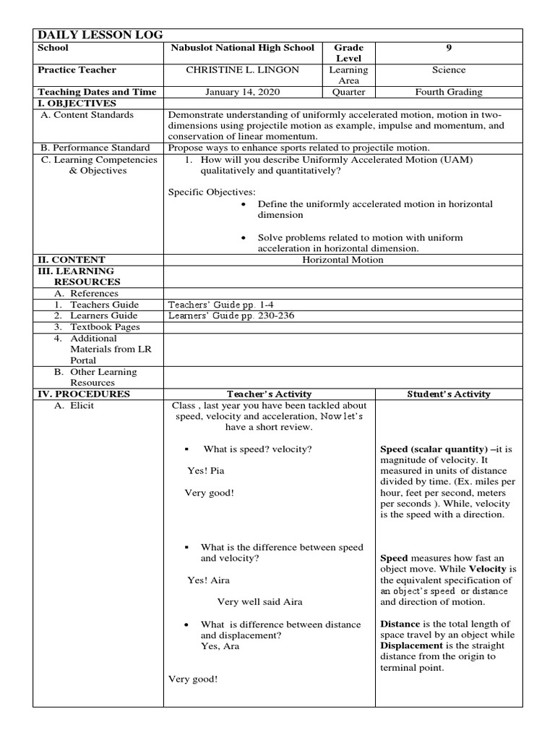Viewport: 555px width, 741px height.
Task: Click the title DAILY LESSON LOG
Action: (100, 35)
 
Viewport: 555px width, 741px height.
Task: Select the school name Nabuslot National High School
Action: (242, 48)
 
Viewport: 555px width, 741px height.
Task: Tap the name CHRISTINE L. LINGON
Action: (242, 70)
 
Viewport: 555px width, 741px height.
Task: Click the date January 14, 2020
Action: (242, 92)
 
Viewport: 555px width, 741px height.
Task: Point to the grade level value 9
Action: (449, 48)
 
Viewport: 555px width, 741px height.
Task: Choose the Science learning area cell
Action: (449, 70)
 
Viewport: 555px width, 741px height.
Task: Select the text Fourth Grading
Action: (449, 92)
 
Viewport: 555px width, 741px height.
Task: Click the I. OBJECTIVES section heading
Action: (76, 103)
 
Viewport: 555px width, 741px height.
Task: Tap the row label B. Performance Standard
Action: (95, 148)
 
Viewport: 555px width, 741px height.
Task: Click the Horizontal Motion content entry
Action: (343, 260)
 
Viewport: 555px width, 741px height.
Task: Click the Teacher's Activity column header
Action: (269, 394)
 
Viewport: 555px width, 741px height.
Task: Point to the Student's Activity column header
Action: (448, 394)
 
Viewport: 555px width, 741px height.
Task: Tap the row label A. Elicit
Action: (74, 405)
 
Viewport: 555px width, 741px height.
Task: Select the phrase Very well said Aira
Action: (259, 601)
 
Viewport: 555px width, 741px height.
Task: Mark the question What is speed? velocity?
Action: (257, 449)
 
